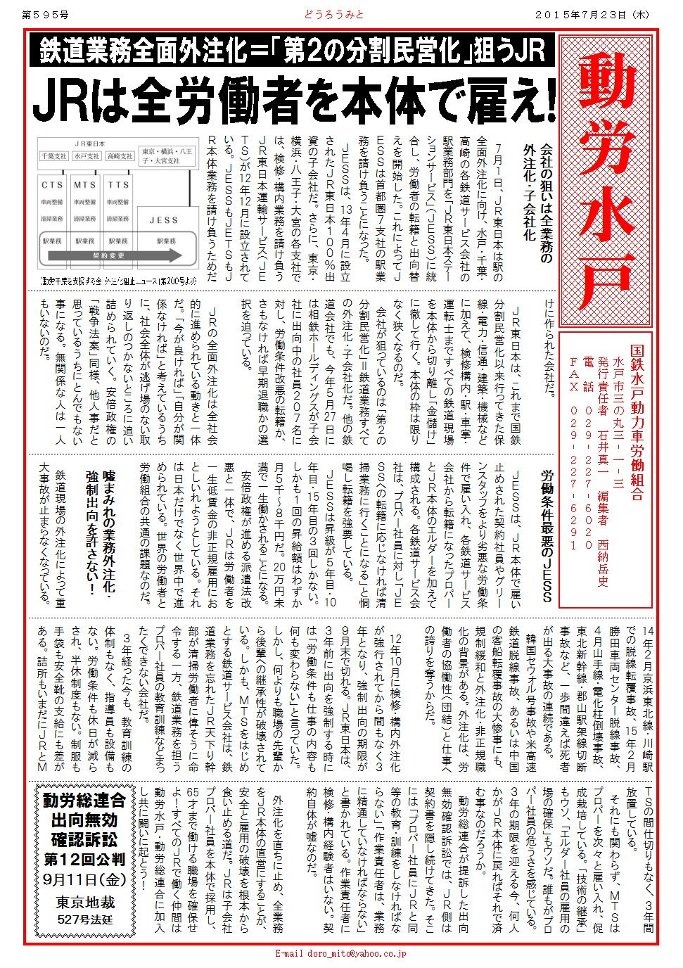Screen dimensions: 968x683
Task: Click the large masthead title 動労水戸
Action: tap(606, 179)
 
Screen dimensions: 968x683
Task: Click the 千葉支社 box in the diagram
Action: tap(54, 156)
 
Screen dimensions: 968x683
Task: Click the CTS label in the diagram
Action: tap(53, 185)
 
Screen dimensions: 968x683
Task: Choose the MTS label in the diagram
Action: tap(85, 185)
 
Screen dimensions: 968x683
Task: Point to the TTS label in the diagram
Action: tap(118, 185)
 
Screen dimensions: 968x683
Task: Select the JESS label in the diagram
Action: tap(164, 220)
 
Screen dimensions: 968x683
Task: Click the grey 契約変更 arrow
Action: tap(110, 256)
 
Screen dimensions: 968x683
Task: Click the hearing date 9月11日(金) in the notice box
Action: tap(84, 879)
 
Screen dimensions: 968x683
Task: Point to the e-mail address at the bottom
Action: tap(340, 954)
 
